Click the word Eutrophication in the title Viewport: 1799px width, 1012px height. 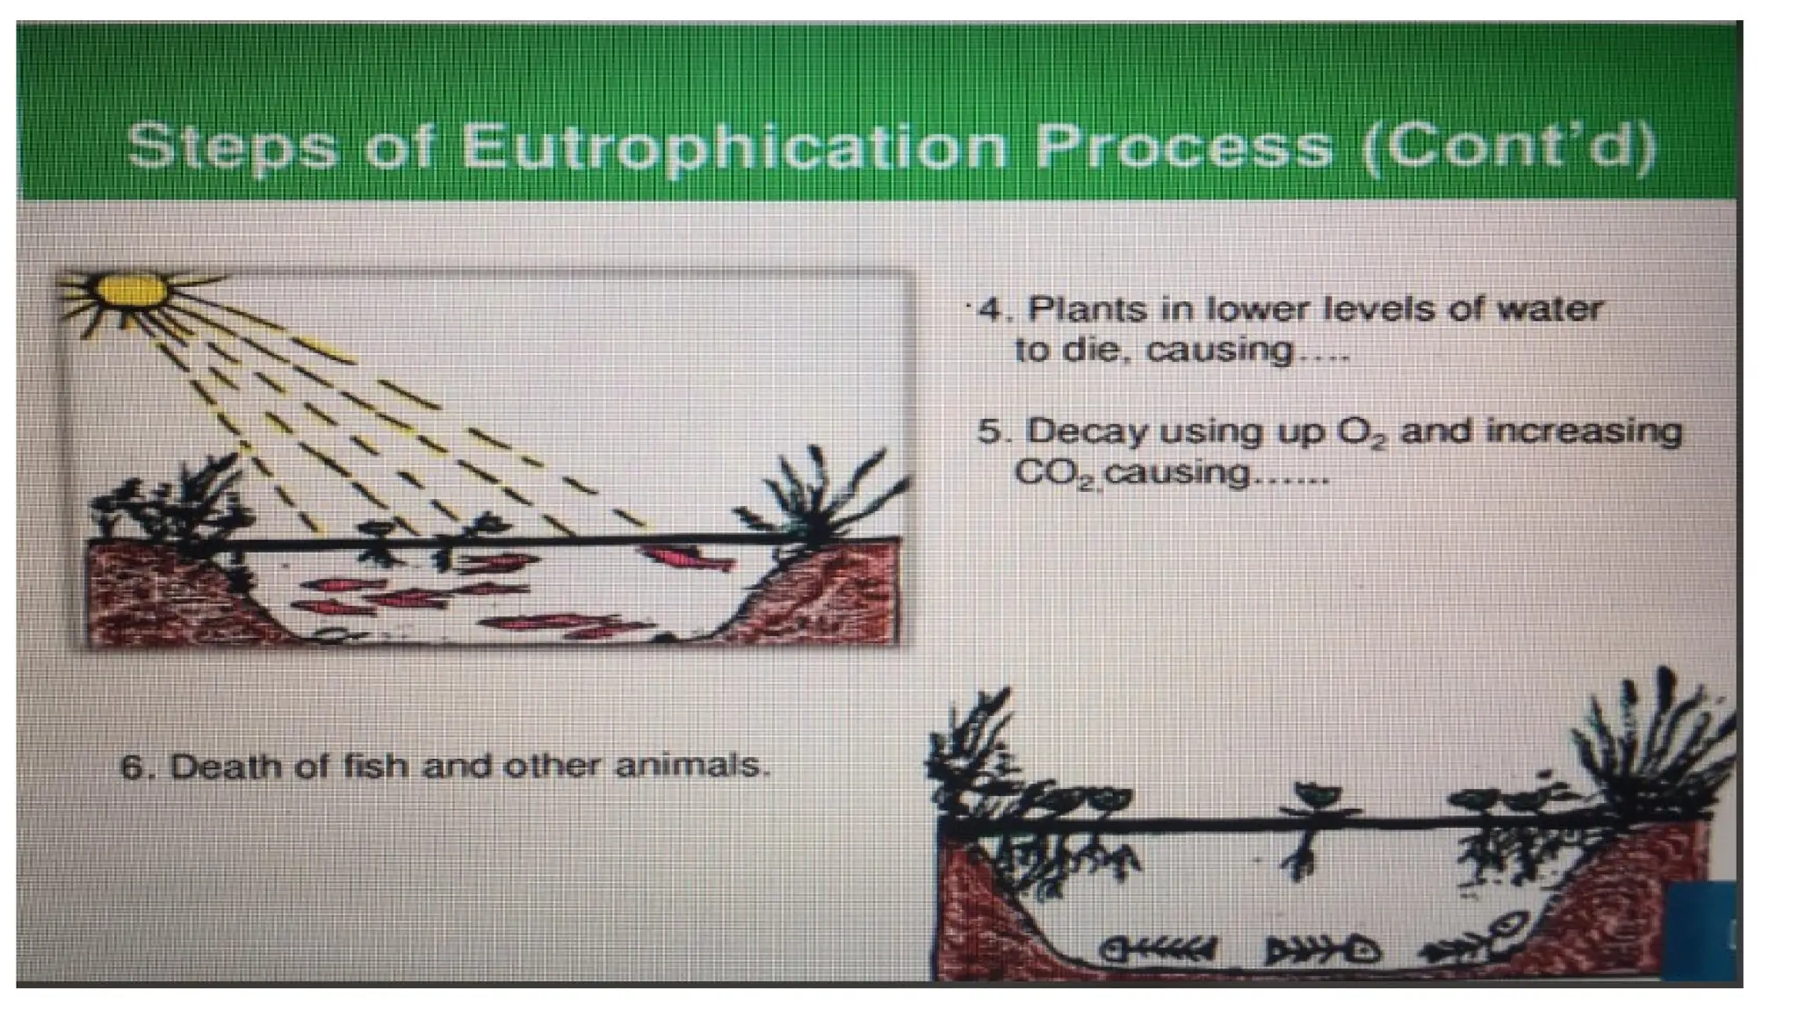point(733,145)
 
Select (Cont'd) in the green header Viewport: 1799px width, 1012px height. point(1507,145)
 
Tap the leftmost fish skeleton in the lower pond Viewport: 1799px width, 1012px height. point(1157,950)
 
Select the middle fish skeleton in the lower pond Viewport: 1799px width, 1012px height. point(1322,950)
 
